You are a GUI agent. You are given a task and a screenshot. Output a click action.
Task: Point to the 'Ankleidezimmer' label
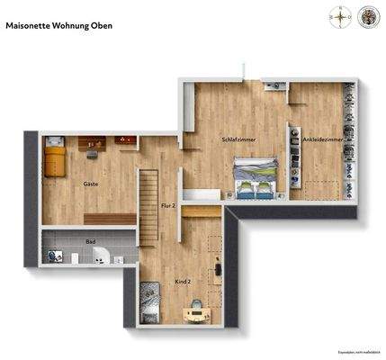[322, 140]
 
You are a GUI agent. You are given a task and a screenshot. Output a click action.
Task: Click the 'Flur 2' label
[167, 206]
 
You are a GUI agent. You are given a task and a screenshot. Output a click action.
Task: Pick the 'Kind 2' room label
[183, 281]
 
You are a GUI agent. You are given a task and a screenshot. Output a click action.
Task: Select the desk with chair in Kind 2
[193, 311]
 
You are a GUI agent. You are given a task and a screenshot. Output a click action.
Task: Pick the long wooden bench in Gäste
[109, 219]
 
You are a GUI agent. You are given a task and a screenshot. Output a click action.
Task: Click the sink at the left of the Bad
[55, 256]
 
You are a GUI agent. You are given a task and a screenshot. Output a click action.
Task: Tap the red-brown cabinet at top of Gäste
[124, 140]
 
